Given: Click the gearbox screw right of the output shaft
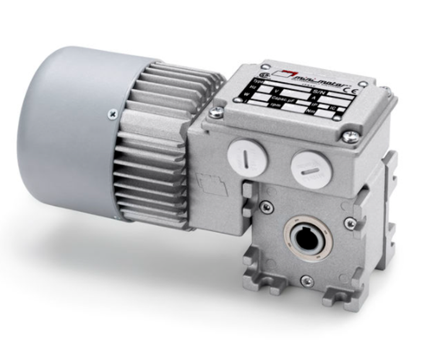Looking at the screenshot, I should [x=350, y=222].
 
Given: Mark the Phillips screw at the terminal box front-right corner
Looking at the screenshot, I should [x=349, y=137].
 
